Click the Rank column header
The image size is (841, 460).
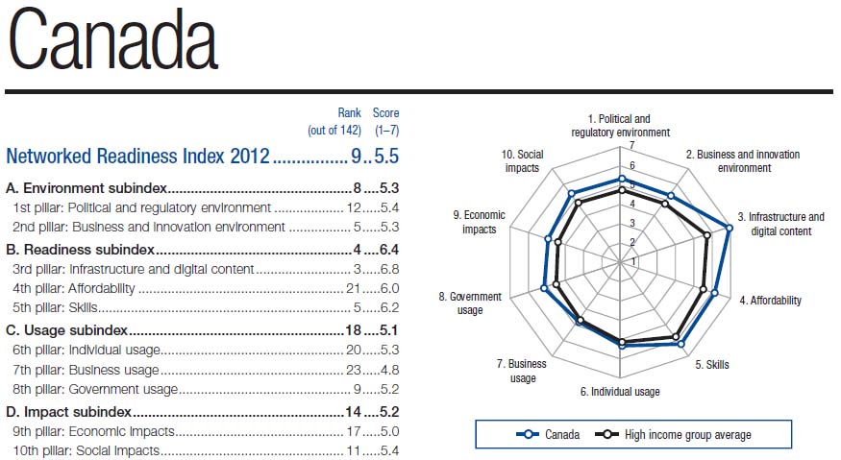[x=349, y=113]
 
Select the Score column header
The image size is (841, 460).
[x=386, y=113]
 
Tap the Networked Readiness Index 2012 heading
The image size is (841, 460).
[x=138, y=156]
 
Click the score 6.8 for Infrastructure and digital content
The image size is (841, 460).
[x=388, y=270]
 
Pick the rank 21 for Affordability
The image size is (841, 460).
[x=353, y=289]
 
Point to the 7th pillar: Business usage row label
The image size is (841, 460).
[x=86, y=370]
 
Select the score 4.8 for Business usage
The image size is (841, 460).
[x=388, y=370]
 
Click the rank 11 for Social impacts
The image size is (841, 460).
[x=353, y=450]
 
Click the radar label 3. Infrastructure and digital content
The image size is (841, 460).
[x=780, y=224]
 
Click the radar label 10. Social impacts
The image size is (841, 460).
[x=522, y=160]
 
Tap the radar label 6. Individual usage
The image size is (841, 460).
[x=620, y=392]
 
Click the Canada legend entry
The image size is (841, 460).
[x=549, y=435]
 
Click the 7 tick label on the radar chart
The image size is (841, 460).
[x=631, y=146]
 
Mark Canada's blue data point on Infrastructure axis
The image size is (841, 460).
[x=730, y=228]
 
